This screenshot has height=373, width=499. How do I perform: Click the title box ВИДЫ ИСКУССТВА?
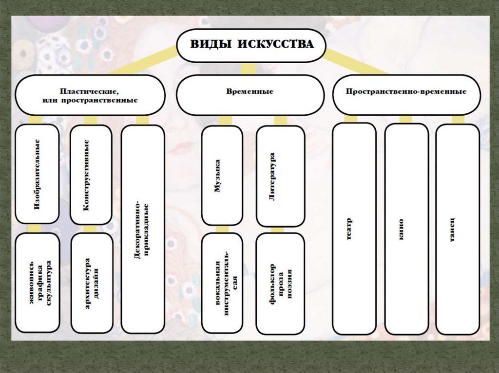251,45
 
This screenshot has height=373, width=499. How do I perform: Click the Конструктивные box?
91,175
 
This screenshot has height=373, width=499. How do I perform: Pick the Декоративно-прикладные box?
143,229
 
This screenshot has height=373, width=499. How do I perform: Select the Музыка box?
222,176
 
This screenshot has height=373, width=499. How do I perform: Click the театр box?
354,229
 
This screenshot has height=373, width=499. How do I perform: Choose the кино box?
406,229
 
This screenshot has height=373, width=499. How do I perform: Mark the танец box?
457,229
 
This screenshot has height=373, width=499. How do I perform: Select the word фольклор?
272,284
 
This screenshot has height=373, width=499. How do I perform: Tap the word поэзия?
289,284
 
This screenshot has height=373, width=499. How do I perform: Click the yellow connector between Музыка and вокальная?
222,229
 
